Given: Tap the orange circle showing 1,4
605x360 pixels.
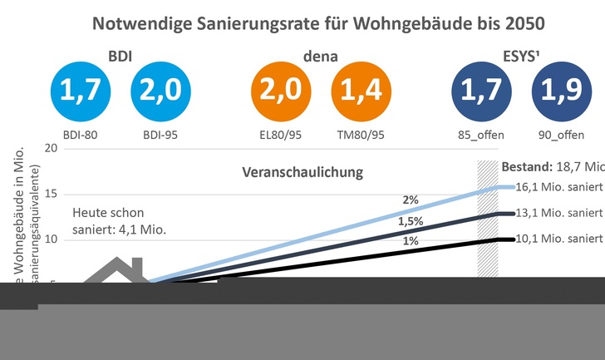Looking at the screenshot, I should click(360, 94).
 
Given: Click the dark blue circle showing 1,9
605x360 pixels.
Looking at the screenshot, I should click(559, 94).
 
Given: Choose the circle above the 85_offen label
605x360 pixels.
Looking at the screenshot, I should click(479, 94).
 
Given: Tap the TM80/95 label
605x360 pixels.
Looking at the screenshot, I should click(360, 133).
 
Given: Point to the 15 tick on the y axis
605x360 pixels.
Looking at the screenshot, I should click(51, 195).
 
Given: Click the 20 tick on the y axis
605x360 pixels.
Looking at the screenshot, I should click(51, 149).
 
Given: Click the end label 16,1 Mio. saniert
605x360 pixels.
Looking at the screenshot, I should click(558, 189).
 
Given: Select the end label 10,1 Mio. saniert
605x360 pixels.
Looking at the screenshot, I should click(558, 240).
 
